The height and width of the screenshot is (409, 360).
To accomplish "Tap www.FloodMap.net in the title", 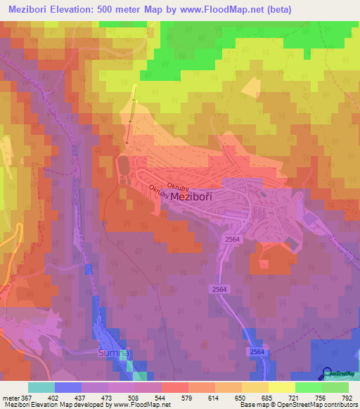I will (220, 9).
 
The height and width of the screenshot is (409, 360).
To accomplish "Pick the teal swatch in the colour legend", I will (41, 387).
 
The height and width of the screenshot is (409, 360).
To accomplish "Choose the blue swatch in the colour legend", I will (67, 387).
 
